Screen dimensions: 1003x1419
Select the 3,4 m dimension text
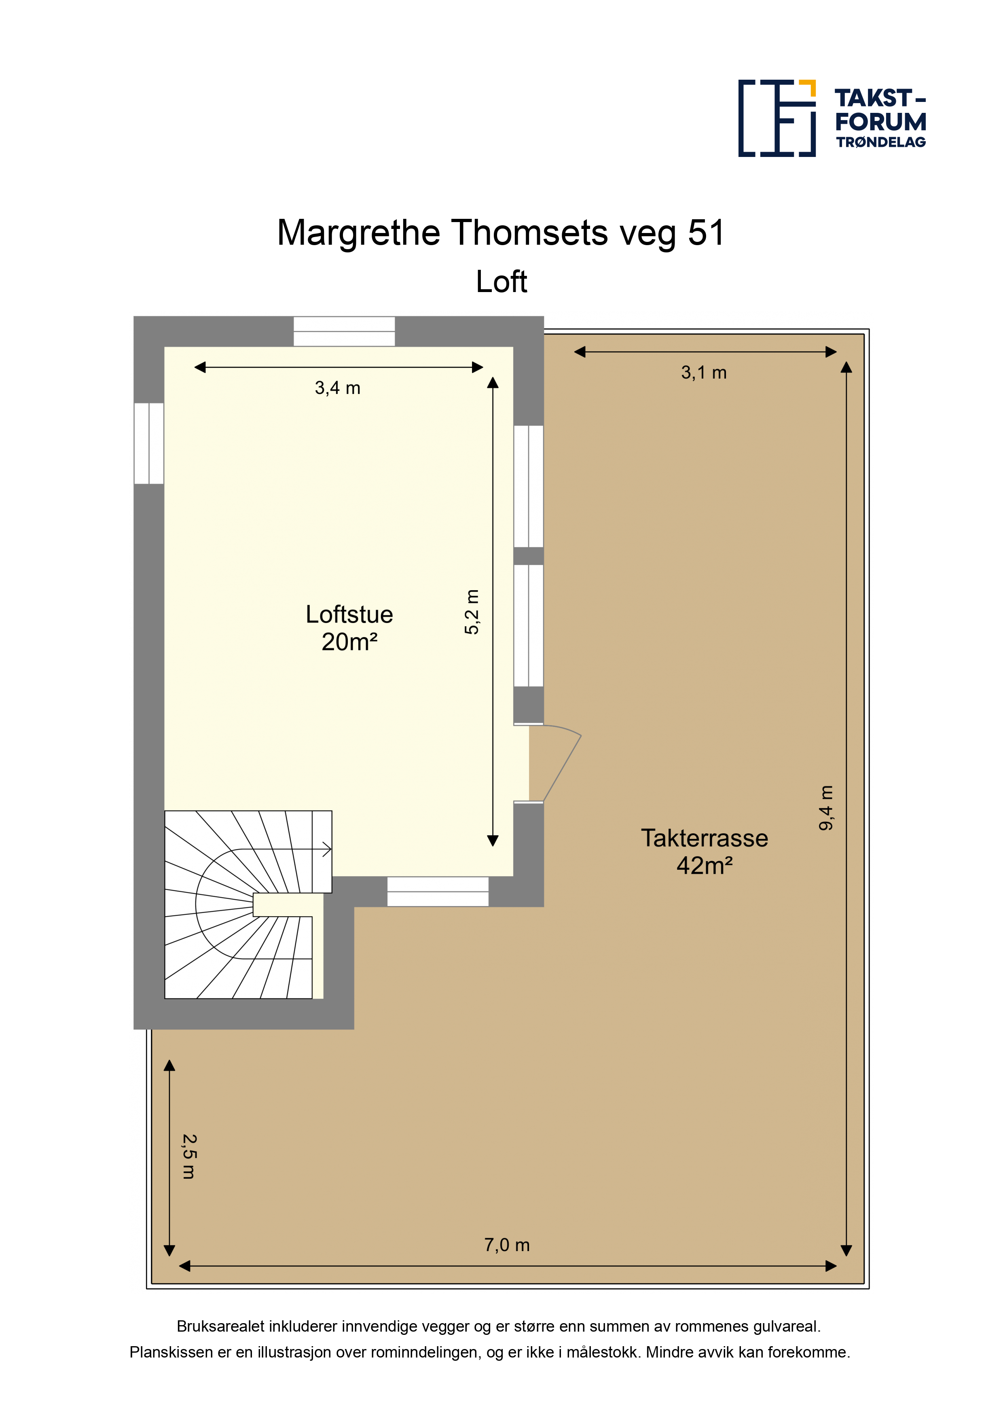(337, 388)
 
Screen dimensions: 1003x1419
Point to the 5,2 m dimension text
(472, 612)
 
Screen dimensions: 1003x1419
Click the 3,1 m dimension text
(704, 373)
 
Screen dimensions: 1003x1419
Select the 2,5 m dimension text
(189, 1156)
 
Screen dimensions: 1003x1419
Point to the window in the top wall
(344, 331)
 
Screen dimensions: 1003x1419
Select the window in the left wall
(149, 443)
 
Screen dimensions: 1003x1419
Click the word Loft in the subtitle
(501, 282)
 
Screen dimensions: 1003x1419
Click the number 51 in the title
(707, 233)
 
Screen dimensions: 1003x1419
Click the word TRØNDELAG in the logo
(881, 142)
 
